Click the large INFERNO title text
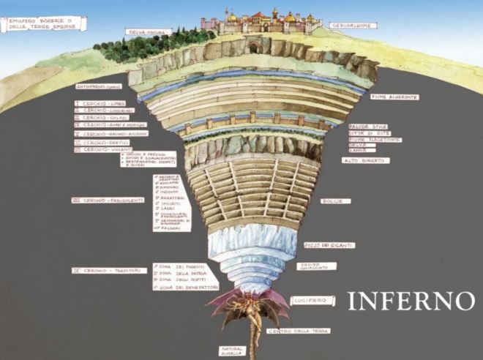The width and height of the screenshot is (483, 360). point(411,301)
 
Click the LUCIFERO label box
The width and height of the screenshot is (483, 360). point(307,300)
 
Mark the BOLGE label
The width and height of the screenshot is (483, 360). point(342,200)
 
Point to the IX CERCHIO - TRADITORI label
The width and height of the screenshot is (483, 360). point(108,270)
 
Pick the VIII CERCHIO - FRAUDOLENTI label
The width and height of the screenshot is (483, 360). point(108,200)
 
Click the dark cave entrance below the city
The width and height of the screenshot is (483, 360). point(253,48)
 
